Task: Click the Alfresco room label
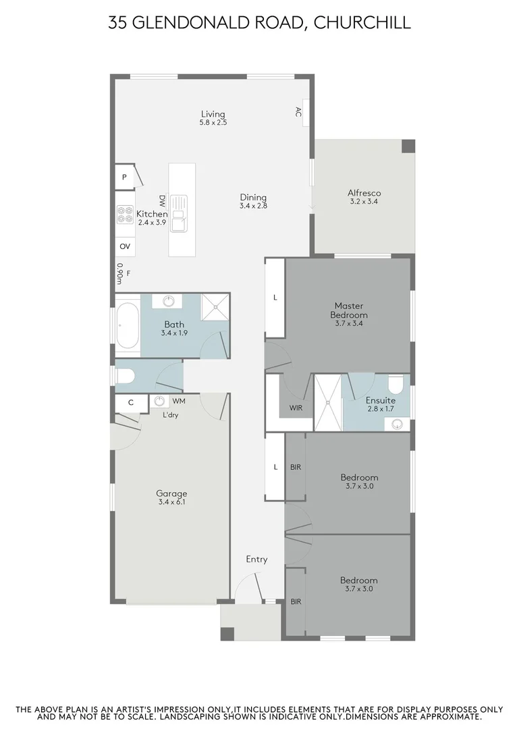tap(364, 192)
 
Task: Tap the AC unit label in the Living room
tap(298, 113)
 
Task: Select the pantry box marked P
tap(125, 177)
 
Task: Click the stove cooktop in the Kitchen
tap(126, 215)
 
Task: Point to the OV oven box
tap(125, 247)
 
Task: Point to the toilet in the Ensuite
tap(399, 384)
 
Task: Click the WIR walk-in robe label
tap(296, 408)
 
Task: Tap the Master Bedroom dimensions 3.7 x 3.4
tap(349, 324)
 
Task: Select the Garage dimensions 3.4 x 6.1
tap(171, 502)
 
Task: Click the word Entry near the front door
tap(256, 559)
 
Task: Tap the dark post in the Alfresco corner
tap(408, 146)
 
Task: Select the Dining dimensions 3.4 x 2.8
tap(253, 206)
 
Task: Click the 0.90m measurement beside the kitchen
tap(119, 273)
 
